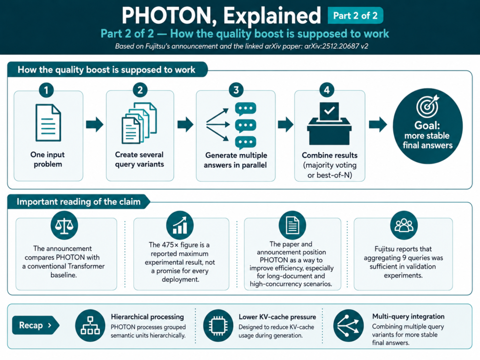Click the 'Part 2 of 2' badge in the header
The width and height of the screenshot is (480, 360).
click(355, 15)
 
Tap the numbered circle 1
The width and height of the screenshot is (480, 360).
click(46, 90)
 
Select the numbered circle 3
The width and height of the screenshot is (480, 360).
click(236, 90)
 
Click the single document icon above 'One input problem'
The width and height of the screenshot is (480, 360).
click(48, 123)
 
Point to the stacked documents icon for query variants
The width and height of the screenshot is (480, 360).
click(139, 123)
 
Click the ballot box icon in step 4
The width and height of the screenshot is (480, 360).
click(330, 123)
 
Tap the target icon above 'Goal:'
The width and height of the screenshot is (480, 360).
click(427, 106)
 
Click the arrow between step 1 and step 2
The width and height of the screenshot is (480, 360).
click(95, 124)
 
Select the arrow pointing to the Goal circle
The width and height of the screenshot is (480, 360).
click(378, 124)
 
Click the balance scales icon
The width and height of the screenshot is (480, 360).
click(64, 225)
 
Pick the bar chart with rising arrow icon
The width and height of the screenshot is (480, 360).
click(180, 225)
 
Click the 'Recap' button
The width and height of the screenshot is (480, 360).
click(35, 325)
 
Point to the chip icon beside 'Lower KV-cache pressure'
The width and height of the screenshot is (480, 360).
click(218, 326)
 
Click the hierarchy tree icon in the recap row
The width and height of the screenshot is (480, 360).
click(90, 326)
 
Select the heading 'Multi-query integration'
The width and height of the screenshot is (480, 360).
click(408, 316)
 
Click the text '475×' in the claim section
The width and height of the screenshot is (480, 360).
click(168, 245)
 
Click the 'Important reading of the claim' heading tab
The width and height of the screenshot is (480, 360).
click(79, 202)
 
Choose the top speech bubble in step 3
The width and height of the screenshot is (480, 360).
click(246, 109)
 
